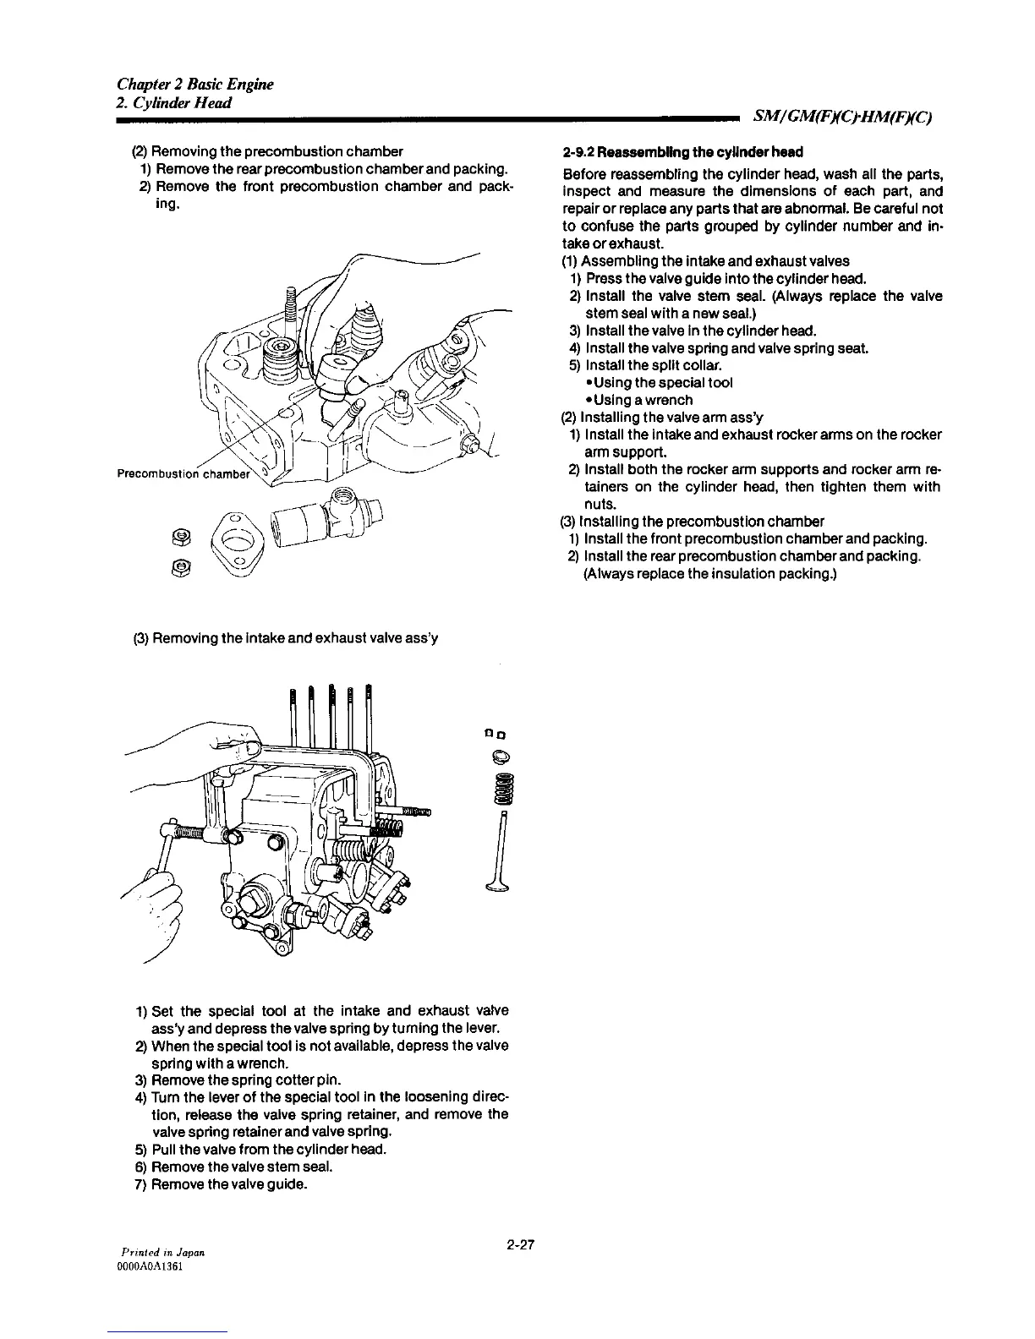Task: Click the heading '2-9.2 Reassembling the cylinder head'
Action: tap(682, 152)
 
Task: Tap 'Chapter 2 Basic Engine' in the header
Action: tap(194, 84)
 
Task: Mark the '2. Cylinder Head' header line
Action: tap(174, 102)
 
